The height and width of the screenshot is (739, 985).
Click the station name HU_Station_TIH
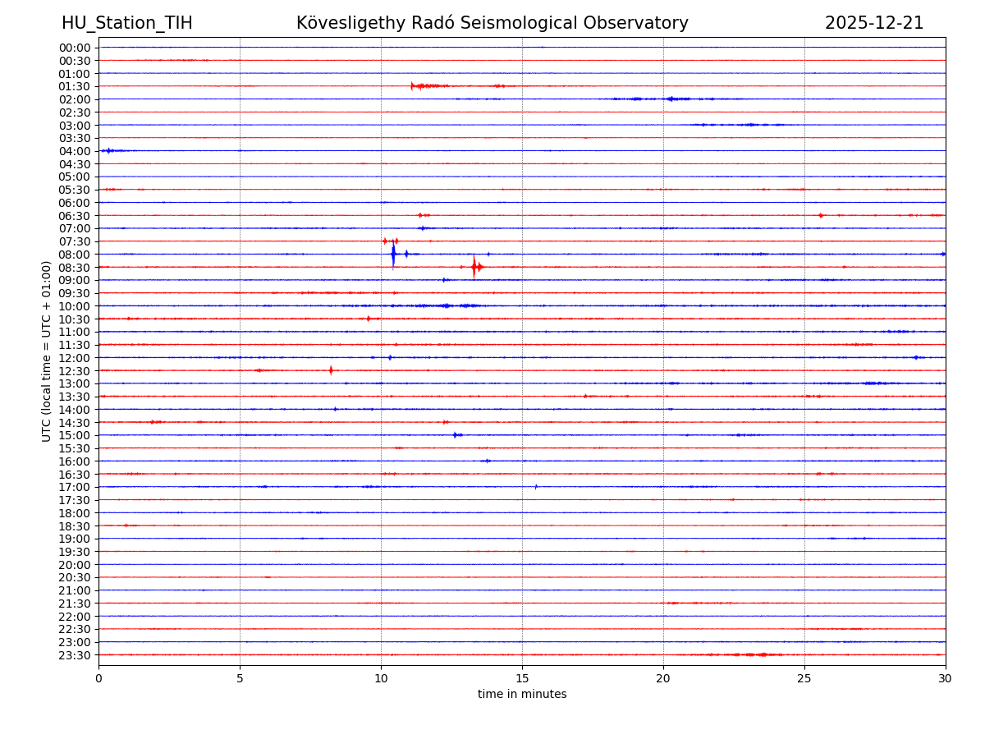(x=127, y=23)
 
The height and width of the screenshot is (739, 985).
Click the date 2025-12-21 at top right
(x=874, y=23)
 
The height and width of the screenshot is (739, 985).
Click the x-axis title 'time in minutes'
(x=522, y=695)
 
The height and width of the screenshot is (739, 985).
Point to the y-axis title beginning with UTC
(x=47, y=351)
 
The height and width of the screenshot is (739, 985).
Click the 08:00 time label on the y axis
(x=75, y=255)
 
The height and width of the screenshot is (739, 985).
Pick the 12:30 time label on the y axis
(x=75, y=371)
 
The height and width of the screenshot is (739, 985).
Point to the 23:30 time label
(x=75, y=655)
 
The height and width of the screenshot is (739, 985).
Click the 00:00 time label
(x=75, y=48)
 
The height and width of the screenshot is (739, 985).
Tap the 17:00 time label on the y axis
(x=75, y=487)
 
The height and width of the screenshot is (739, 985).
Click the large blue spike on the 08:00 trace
(x=393, y=254)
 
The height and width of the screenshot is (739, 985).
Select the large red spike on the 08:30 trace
(x=474, y=267)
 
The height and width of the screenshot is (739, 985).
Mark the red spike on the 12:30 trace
(x=331, y=370)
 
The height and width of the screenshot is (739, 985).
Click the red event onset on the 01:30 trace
(x=412, y=85)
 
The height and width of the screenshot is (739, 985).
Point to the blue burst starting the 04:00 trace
(x=108, y=150)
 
